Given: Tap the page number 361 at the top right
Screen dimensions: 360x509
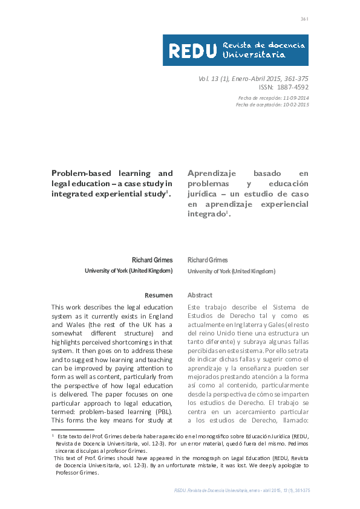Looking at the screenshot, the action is pyautogui.click(x=305, y=19).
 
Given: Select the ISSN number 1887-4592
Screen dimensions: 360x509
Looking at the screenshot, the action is pyautogui.click(x=292, y=87).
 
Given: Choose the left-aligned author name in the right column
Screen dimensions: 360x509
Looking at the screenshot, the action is pyautogui.click(x=208, y=260).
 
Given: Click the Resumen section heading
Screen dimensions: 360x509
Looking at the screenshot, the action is pyautogui.click(x=159, y=295).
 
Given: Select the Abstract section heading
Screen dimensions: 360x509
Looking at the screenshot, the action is pyautogui.click(x=200, y=295).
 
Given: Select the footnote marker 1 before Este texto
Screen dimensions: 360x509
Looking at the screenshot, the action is pyautogui.click(x=53, y=435).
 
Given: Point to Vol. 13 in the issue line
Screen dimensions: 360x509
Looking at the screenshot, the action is pyautogui.click(x=209, y=78).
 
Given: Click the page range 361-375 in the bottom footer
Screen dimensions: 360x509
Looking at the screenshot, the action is pyautogui.click(x=300, y=491).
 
